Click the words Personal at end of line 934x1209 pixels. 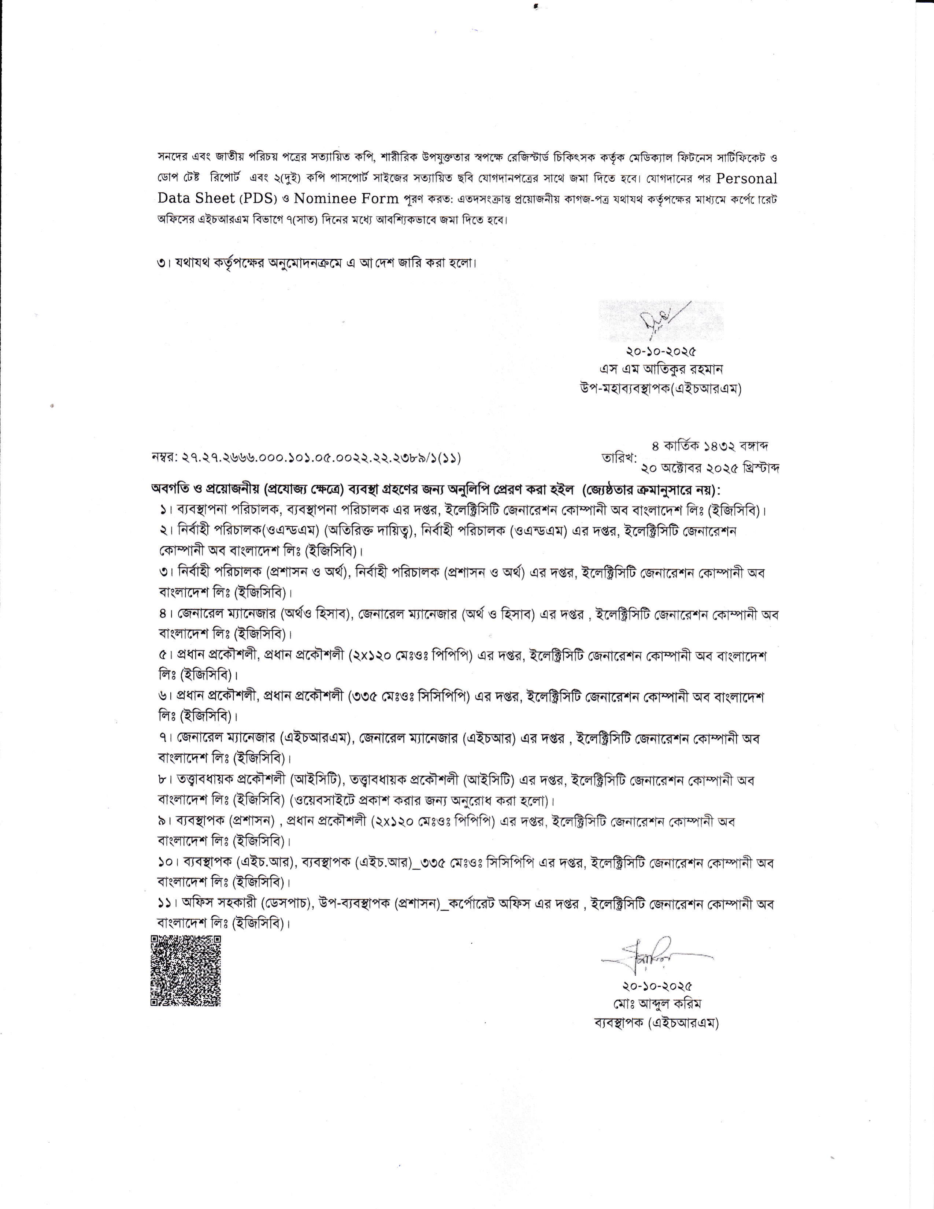coord(747,179)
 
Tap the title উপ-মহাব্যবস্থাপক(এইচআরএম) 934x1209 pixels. coord(657,389)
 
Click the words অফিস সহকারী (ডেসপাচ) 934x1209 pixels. coord(248,904)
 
